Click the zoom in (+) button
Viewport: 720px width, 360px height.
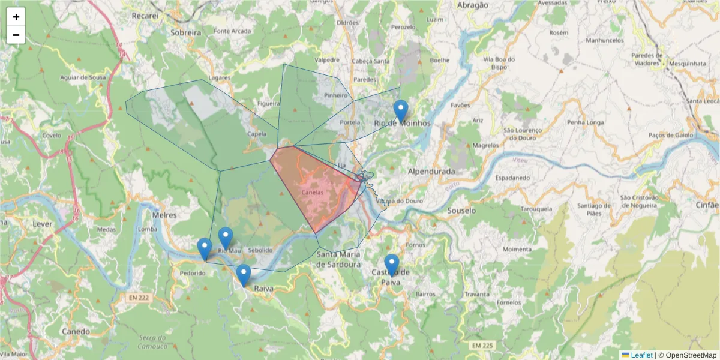[x=16, y=17]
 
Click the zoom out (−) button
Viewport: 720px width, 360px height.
[x=16, y=35]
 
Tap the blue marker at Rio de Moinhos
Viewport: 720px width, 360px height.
[x=401, y=112]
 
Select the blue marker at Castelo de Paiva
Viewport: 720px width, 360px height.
[x=391, y=265]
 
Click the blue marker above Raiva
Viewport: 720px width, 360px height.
[x=243, y=275]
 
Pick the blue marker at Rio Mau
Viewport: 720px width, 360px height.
[x=225, y=238]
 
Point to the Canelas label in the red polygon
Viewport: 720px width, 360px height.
[x=313, y=193]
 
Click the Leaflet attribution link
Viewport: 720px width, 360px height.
[x=641, y=355]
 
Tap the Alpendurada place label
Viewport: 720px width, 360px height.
[x=431, y=171]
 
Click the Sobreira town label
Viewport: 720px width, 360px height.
[x=185, y=32]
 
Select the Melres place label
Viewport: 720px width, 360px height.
[x=166, y=214]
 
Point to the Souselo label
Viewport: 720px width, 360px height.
[x=461, y=211]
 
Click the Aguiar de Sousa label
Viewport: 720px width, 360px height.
[x=83, y=78]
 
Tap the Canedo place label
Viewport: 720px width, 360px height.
[x=76, y=331]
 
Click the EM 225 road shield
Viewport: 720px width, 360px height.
[x=481, y=346]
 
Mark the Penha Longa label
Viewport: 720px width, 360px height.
[x=584, y=122]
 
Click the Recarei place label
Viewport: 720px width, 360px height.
[x=145, y=15]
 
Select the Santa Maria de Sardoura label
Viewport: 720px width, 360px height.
[x=338, y=259]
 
